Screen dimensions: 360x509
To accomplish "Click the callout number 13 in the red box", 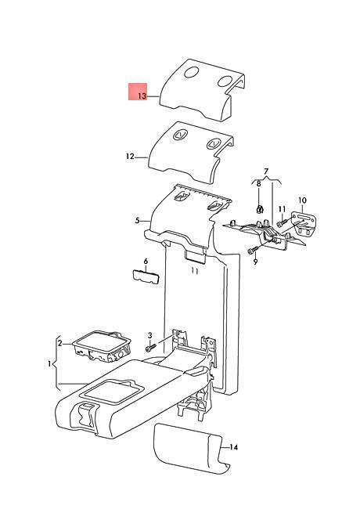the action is pos(142,96).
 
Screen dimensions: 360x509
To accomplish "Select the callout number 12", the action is pos(130,157).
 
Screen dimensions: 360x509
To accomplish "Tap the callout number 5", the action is pos(137,221).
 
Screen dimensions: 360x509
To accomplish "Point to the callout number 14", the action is pos(234,447).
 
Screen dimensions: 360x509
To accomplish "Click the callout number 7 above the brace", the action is pos(266,171).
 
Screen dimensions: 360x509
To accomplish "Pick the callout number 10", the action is pos(302,200).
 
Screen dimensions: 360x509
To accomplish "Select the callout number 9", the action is pos(255,262).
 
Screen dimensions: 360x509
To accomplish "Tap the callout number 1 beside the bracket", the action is pos(49,364).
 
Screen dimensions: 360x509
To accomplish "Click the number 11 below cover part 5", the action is pos(194,271).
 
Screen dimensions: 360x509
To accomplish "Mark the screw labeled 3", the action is pos(151,348).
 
